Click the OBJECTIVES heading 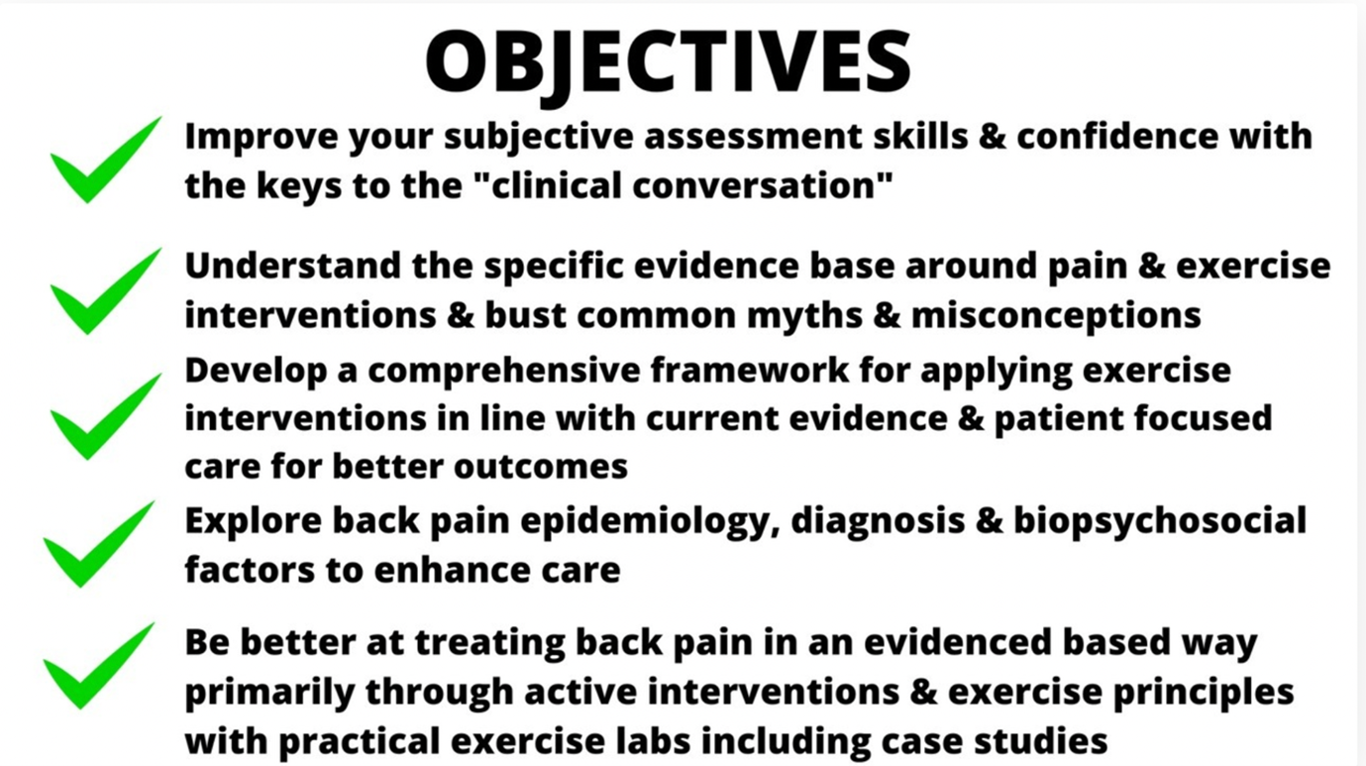669,62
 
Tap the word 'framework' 750,371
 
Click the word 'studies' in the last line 1041,741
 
